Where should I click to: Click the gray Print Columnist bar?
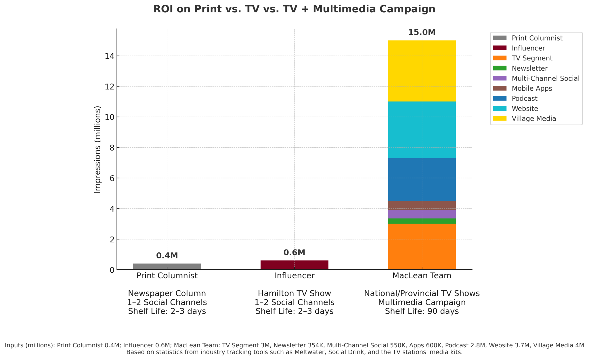click(167, 266)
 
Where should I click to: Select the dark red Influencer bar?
click(294, 265)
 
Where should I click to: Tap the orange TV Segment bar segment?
click(422, 247)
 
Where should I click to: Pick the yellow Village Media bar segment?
click(422, 71)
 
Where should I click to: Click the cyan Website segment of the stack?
click(422, 130)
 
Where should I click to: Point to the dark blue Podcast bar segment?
click(422, 179)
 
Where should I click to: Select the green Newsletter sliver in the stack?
click(422, 221)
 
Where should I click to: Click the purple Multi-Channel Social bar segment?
click(422, 214)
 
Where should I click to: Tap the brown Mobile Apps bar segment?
click(422, 205)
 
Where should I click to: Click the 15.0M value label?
click(422, 33)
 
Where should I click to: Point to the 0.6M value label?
click(294, 253)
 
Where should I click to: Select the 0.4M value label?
click(167, 256)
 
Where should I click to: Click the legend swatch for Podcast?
click(500, 98)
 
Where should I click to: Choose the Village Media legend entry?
click(533, 119)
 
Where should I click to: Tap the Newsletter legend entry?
click(529, 68)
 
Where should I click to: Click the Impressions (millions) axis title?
click(98, 150)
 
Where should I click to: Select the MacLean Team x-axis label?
click(422, 276)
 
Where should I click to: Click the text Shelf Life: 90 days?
click(422, 311)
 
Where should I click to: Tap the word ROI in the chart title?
click(163, 9)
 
